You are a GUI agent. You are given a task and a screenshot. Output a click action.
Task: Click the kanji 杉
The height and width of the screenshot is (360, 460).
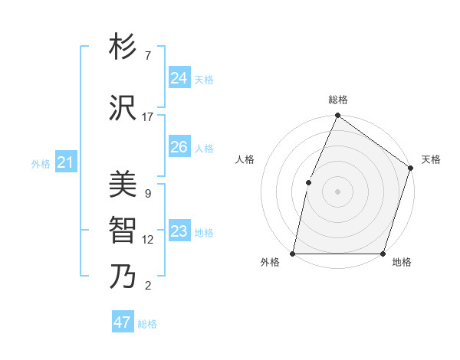123,47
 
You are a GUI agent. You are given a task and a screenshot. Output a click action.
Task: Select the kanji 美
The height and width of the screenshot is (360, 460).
123,184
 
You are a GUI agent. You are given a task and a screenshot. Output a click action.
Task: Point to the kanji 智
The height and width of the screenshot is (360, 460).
123,230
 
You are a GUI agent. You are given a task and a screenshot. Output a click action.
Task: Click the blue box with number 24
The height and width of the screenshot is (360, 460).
179,78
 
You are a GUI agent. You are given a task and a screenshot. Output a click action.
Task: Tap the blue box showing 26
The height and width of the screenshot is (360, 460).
179,147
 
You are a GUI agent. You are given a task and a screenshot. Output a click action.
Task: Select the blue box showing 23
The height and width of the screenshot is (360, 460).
179,232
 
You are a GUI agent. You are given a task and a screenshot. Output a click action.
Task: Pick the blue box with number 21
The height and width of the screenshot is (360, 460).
65,162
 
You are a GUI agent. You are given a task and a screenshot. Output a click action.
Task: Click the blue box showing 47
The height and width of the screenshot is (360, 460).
122,322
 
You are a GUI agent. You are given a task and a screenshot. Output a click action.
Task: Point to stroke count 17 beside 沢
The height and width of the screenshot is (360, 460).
148,117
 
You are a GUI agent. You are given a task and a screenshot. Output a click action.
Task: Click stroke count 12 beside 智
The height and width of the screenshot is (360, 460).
148,240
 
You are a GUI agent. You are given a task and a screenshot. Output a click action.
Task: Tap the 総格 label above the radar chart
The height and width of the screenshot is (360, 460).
337,100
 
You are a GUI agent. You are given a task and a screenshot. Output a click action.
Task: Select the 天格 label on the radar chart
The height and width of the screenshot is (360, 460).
431,159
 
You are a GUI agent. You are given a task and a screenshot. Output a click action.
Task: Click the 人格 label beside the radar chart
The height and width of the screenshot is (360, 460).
245,159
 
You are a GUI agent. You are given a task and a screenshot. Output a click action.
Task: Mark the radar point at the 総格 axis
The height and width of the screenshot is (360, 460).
337,116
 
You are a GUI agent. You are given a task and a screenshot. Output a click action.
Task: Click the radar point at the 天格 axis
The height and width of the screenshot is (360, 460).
410,168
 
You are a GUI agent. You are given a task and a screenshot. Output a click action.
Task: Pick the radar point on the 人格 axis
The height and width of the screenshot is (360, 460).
308,182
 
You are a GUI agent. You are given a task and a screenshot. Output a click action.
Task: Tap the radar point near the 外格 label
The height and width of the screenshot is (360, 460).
293,254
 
